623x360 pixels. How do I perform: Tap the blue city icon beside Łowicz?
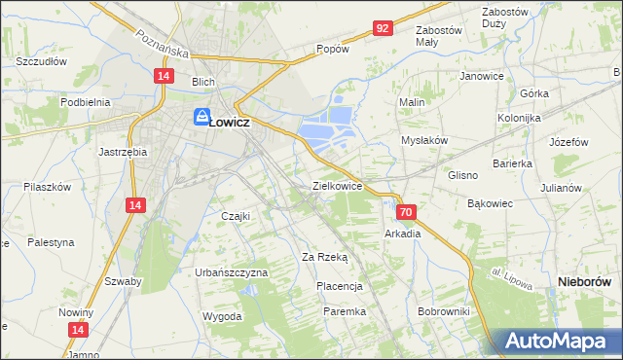click(202, 118)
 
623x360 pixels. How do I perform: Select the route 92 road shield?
click(383, 28)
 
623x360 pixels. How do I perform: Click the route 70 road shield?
click(407, 211)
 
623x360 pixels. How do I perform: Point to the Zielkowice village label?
click(337, 185)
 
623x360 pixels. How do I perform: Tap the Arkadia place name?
click(403, 234)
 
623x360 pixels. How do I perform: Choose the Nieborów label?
click(588, 280)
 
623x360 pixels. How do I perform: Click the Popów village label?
click(332, 48)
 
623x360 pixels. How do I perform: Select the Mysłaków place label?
click(424, 140)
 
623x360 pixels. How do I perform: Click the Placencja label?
click(340, 286)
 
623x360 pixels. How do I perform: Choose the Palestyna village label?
click(50, 242)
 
